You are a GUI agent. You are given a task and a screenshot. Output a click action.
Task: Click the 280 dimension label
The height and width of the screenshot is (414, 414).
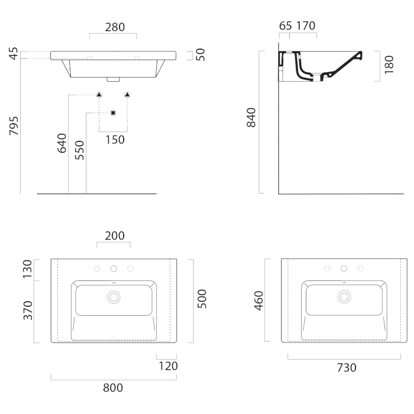click(115, 27)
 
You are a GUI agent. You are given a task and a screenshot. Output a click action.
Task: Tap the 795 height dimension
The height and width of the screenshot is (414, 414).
click(14, 126)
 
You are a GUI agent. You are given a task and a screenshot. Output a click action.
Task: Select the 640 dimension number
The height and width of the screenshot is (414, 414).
click(62, 143)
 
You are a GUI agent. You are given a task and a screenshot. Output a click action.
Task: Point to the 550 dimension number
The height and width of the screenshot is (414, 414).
click(79, 150)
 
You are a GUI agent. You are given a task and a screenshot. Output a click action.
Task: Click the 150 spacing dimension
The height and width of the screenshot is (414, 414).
click(115, 140)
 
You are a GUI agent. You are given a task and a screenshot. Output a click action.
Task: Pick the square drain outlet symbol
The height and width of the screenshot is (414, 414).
click(113, 113)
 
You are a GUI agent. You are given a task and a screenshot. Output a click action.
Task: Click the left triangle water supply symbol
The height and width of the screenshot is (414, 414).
click(99, 95)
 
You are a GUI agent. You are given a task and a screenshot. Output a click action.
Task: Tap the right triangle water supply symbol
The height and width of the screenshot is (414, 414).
click(127, 95)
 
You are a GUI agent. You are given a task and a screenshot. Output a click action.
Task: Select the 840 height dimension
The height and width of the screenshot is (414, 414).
click(251, 117)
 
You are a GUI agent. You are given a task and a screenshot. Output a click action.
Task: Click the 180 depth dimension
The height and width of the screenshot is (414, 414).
click(389, 65)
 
